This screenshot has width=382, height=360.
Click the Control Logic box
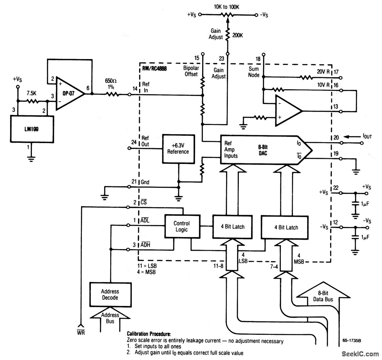(x=181, y=226)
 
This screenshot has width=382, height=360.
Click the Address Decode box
(x=110, y=294)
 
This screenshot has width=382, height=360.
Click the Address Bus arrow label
(x=110, y=318)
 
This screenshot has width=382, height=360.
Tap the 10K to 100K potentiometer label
(x=227, y=7)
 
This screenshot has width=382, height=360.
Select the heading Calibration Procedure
(x=149, y=334)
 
